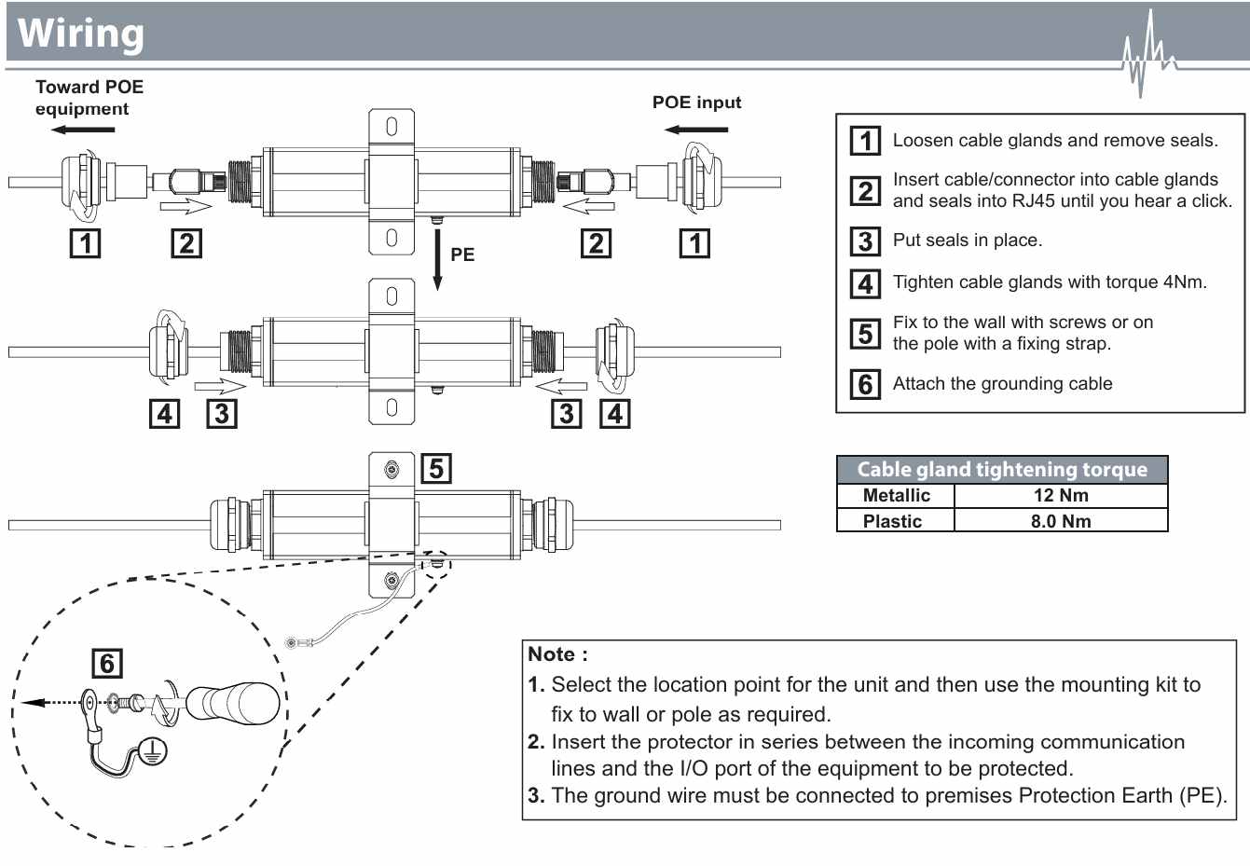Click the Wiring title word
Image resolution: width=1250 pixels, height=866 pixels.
coord(81,33)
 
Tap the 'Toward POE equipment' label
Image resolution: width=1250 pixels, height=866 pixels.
coord(89,98)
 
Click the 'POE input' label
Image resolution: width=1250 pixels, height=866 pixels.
coord(696,103)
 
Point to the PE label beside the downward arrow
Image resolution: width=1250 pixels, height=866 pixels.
coord(462,254)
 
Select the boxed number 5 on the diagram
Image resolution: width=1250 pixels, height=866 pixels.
coord(436,468)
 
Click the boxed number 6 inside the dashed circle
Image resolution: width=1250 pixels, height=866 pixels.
coord(107,664)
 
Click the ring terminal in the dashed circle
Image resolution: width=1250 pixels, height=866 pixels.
coord(90,701)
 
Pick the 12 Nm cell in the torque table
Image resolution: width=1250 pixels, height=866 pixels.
coord(1061,496)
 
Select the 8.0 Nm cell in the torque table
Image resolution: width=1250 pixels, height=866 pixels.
coord(1061,521)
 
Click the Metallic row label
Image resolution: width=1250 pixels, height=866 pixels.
coord(896,496)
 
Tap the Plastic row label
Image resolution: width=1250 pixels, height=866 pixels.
coord(892,521)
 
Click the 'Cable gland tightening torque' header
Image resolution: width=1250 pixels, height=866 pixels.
coord(1002,470)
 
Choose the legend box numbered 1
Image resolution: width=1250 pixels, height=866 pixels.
coord(865,141)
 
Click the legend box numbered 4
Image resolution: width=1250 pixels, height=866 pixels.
coord(865,283)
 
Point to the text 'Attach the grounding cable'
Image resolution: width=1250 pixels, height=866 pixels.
coord(1002,384)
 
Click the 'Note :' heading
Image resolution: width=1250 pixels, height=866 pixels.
coord(557,654)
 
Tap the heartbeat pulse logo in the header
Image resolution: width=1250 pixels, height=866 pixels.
coord(1147,56)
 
